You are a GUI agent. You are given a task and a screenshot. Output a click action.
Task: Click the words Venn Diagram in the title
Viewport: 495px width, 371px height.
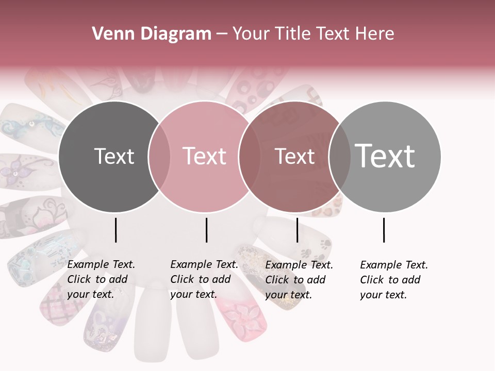[152, 34]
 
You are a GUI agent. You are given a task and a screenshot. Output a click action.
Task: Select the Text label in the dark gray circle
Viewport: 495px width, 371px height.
[114, 156]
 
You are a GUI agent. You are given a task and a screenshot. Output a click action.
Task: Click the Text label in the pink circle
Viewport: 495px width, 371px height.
[204, 156]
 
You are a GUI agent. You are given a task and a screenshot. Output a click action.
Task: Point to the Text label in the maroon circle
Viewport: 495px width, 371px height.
[294, 156]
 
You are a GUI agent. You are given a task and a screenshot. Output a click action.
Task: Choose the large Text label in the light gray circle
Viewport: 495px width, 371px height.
[385, 156]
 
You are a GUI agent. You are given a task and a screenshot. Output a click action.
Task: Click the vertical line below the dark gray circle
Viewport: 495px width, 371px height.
[115, 230]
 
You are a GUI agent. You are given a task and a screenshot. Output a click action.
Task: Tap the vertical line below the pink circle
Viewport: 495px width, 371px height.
[206, 230]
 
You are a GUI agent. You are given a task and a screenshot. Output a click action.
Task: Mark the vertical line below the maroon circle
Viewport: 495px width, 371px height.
[297, 230]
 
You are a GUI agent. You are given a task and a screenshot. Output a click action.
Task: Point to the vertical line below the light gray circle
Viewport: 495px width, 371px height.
[384, 230]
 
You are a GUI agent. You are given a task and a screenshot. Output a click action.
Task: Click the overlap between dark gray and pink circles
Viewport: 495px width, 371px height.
[159, 156]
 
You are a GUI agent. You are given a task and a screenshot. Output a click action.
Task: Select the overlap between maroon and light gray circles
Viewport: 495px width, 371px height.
[339, 156]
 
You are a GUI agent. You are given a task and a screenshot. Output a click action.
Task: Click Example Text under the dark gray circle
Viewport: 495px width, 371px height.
[101, 265]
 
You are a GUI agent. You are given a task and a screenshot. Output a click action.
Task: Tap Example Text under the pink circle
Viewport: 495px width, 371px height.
[204, 265]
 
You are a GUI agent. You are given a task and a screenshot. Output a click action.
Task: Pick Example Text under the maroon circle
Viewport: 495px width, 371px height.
[299, 265]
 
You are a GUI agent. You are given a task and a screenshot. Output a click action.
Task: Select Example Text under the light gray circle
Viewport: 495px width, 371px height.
[394, 265]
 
